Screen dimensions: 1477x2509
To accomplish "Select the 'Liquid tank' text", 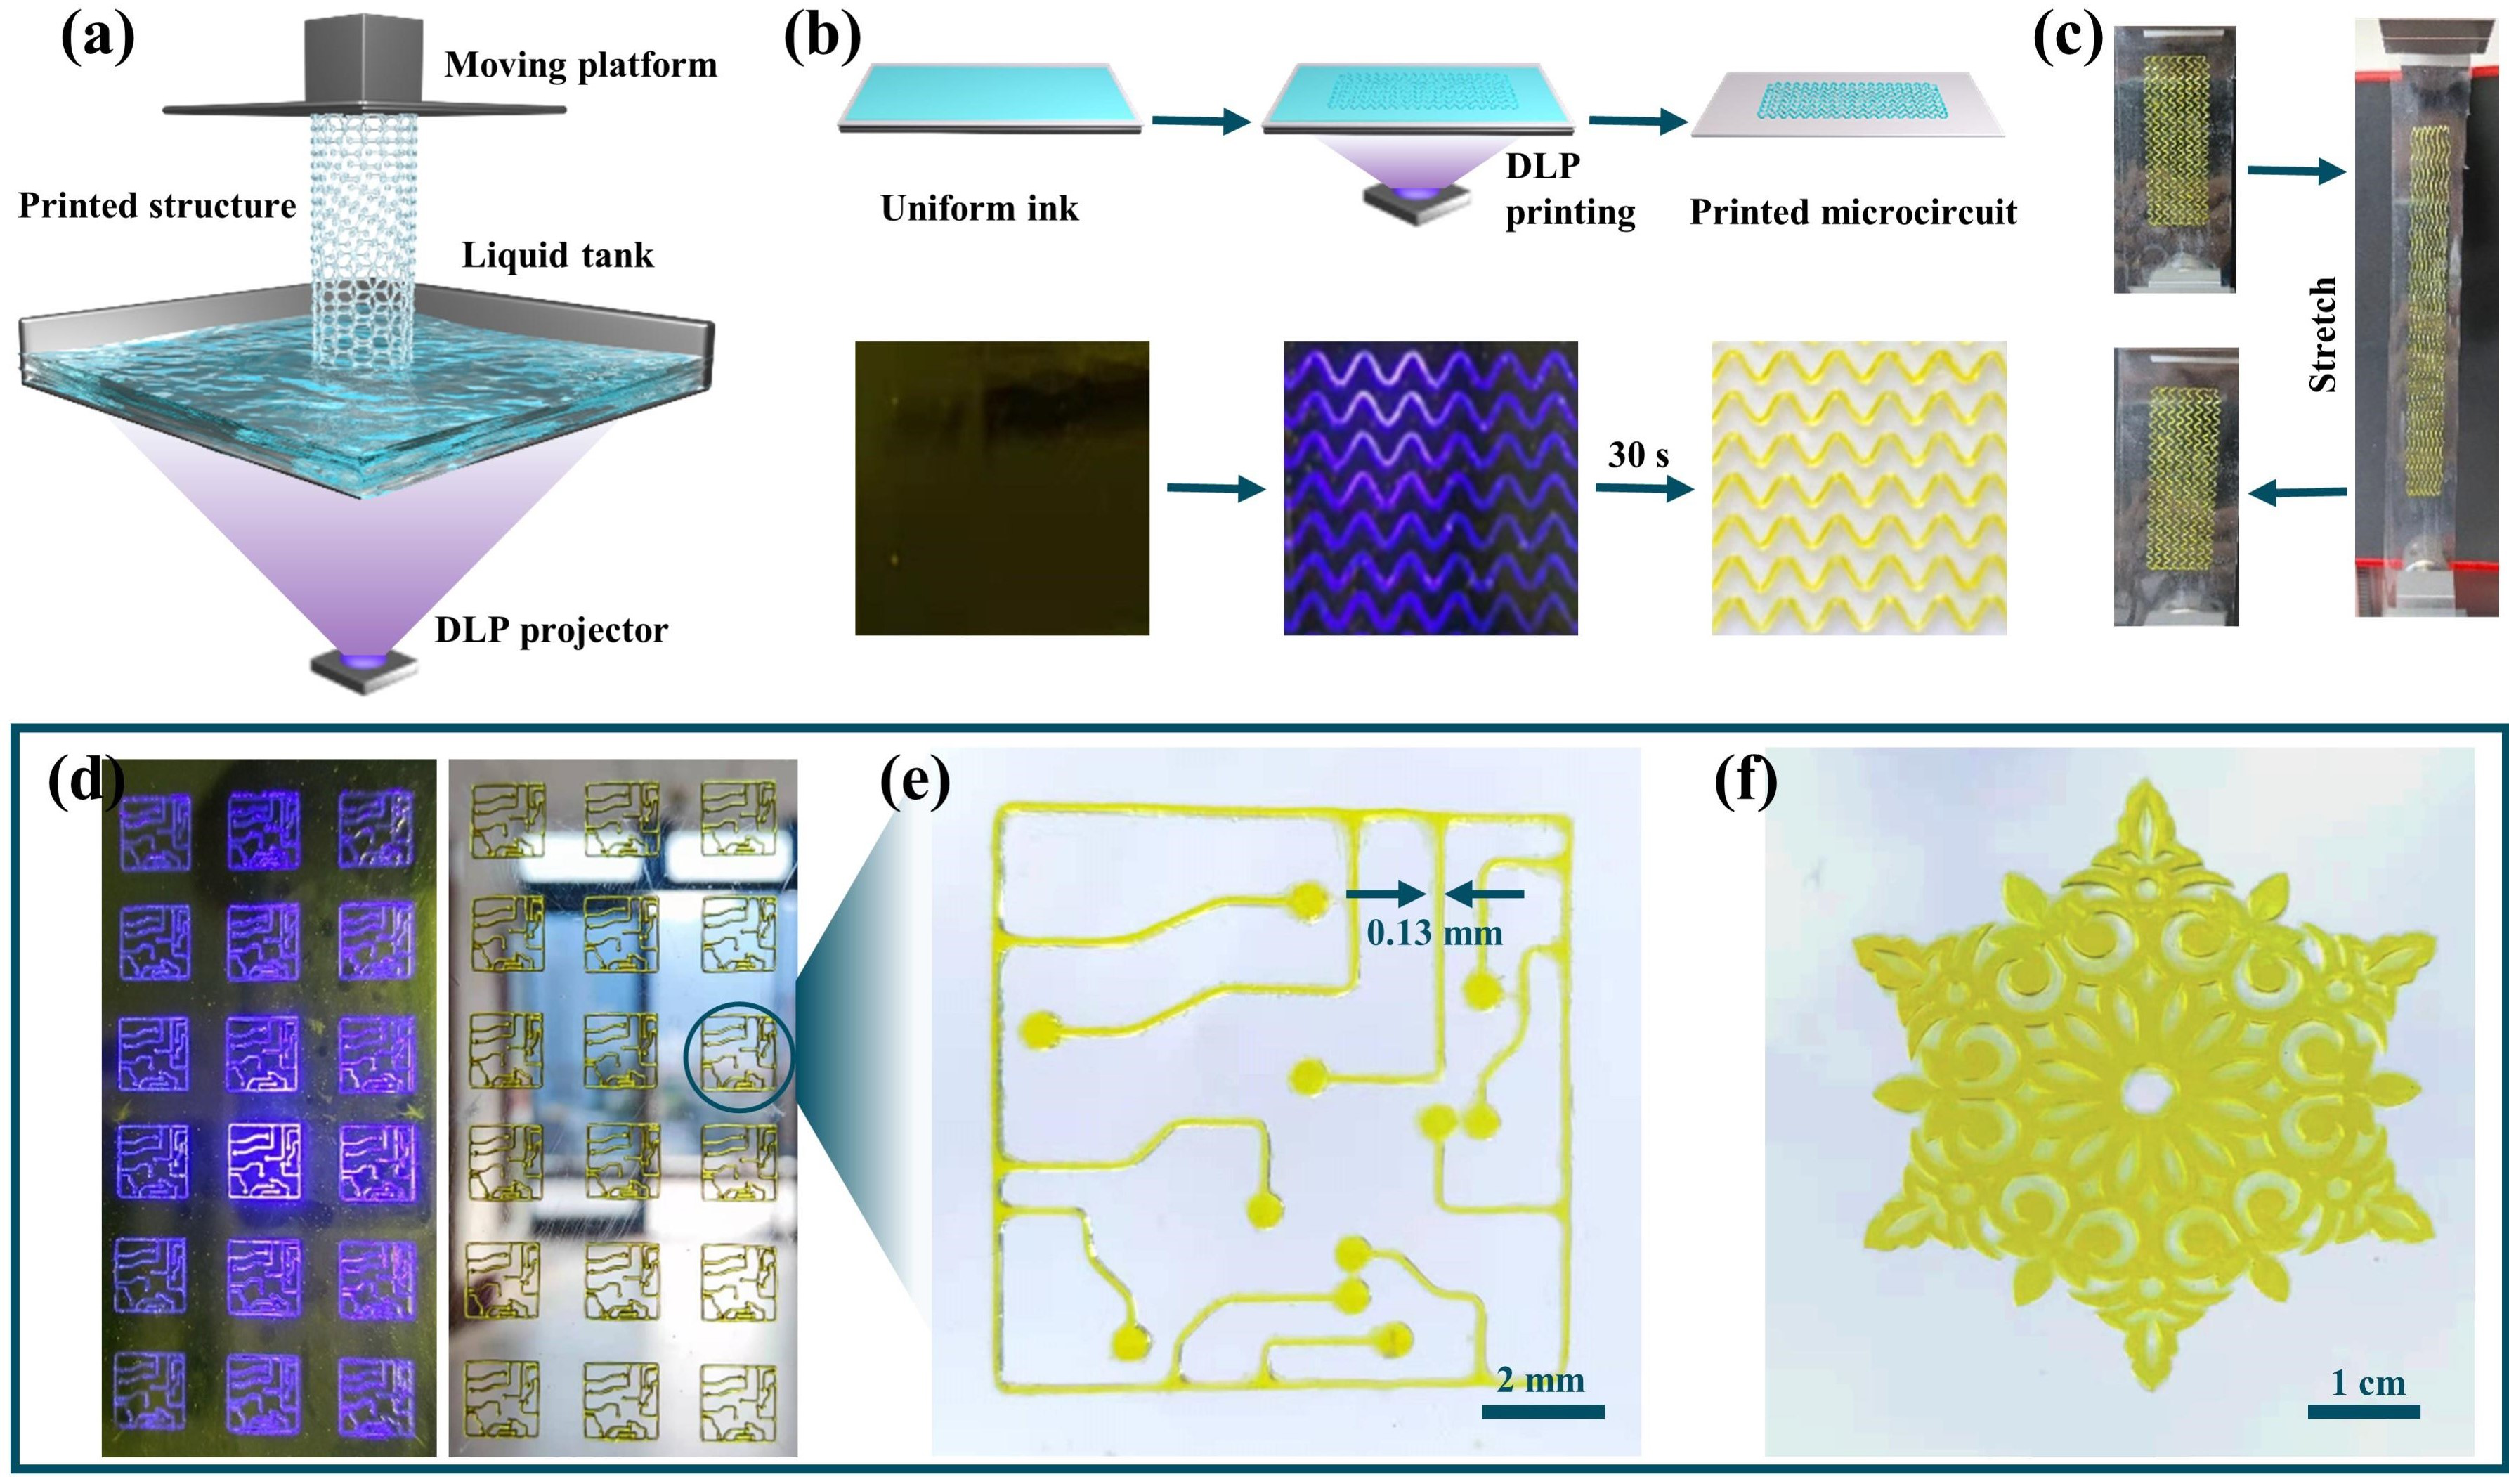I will pyautogui.click(x=558, y=256).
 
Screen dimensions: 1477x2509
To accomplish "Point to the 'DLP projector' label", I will pyautogui.click(x=551, y=630).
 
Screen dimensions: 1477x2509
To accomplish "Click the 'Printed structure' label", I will pyautogui.click(x=157, y=206).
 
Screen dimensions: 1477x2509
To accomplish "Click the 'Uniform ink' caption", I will pyautogui.click(x=979, y=209).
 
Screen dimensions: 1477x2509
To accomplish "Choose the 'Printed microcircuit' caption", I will pyautogui.click(x=1853, y=212).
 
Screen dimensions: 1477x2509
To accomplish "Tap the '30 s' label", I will pyautogui.click(x=1638, y=455).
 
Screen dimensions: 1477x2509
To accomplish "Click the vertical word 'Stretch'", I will pyautogui.click(x=2322, y=334).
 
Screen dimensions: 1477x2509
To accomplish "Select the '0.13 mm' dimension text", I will pyautogui.click(x=1434, y=933).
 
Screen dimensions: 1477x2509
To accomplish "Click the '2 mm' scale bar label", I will pyautogui.click(x=1540, y=1381).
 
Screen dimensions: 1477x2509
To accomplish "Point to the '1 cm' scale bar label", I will pyautogui.click(x=2368, y=1384).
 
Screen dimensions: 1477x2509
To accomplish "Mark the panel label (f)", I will pyautogui.click(x=1745, y=783).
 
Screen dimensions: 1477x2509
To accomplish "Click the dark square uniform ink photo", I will pyautogui.click(x=1002, y=488).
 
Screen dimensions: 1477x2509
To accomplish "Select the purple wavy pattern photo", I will pyautogui.click(x=1430, y=488).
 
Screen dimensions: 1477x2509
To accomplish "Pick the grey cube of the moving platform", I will pyautogui.click(x=365, y=60).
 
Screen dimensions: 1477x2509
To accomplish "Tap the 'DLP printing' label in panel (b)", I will pyautogui.click(x=1569, y=189).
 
